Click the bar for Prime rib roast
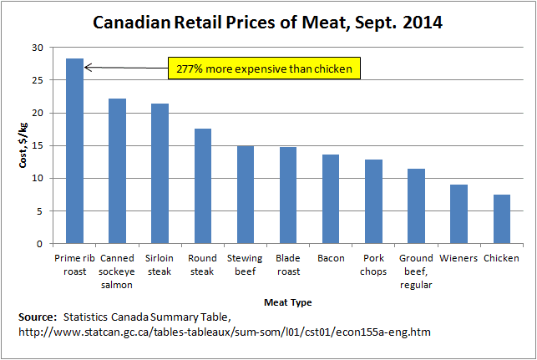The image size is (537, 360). click(x=74, y=151)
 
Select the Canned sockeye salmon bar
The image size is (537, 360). click(x=117, y=171)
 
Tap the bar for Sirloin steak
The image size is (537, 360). click(x=160, y=174)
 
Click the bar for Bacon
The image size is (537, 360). click(x=331, y=199)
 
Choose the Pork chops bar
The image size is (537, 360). click(x=373, y=201)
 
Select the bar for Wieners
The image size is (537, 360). click(x=458, y=214)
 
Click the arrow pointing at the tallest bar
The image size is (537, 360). click(x=125, y=67)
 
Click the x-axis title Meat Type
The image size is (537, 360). click(x=287, y=301)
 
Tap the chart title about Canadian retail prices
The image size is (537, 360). click(x=267, y=20)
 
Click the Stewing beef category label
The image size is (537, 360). click(x=245, y=265)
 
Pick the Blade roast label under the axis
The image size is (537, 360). click(x=288, y=265)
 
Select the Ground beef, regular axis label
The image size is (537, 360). click(x=415, y=271)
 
